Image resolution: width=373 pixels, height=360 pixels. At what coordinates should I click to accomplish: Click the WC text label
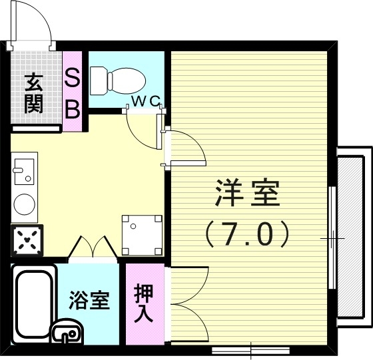click(145, 101)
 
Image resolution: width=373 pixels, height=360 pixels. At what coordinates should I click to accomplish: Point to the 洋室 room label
click(247, 194)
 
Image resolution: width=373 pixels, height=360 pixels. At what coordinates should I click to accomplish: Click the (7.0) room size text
click(247, 233)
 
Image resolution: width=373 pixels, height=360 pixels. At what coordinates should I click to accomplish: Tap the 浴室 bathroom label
click(89, 301)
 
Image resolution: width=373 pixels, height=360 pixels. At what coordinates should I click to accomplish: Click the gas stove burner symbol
click(27, 239)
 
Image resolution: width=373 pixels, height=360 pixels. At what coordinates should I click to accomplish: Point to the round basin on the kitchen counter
click(25, 204)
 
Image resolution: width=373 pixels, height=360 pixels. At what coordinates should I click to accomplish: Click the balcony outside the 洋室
click(350, 236)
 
